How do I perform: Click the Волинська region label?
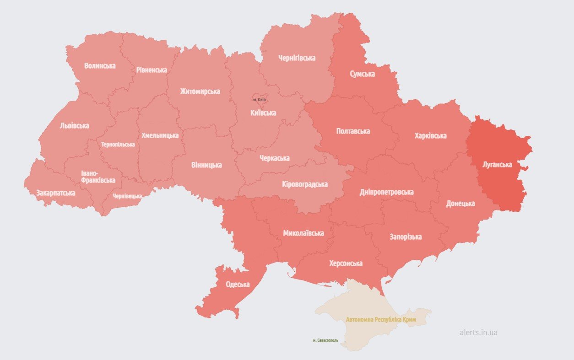click(x=100, y=66)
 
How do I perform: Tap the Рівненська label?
click(x=152, y=70)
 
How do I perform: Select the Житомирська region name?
click(x=200, y=91)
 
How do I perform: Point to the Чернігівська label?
click(x=297, y=58)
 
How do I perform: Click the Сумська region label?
click(x=362, y=74)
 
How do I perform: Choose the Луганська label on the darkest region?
click(x=497, y=165)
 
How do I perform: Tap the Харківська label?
click(x=430, y=136)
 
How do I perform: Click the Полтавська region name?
click(x=353, y=131)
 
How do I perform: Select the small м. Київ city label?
click(x=259, y=100)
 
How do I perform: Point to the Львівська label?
click(x=74, y=126)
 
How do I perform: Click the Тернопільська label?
click(x=118, y=145)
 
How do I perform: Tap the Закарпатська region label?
click(x=55, y=193)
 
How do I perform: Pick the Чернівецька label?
click(x=127, y=196)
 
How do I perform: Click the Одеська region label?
click(x=238, y=285)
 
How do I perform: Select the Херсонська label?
click(x=346, y=263)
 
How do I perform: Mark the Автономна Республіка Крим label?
click(x=381, y=320)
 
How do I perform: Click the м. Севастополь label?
click(x=325, y=340)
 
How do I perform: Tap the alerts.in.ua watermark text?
click(x=478, y=333)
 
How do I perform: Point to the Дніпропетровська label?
click(x=387, y=192)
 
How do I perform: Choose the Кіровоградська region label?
click(x=304, y=184)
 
